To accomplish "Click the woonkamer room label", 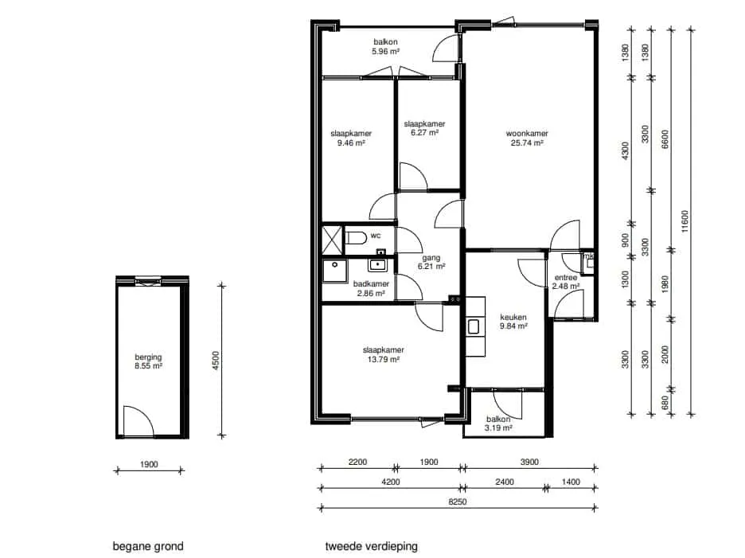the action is [527, 134].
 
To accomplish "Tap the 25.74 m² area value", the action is [527, 142].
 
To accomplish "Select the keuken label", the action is [513, 317].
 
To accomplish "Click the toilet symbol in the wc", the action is [356, 237].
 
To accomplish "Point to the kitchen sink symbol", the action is [474, 326].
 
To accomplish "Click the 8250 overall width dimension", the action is [458, 501].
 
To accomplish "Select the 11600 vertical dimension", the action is [685, 221].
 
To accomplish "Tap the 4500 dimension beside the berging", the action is [216, 361].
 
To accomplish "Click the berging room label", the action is [148, 357].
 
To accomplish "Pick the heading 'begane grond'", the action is [148, 547].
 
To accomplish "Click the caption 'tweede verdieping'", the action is [372, 547].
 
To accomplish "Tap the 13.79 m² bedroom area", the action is [384, 359].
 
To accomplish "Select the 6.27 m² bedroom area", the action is [425, 133].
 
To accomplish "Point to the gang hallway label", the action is [431, 258].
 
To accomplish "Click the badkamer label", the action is [371, 283].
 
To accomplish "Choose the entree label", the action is [566, 278].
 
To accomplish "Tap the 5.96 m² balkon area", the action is [385, 51].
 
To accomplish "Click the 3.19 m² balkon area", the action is [498, 427].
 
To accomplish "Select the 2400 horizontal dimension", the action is [505, 482].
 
